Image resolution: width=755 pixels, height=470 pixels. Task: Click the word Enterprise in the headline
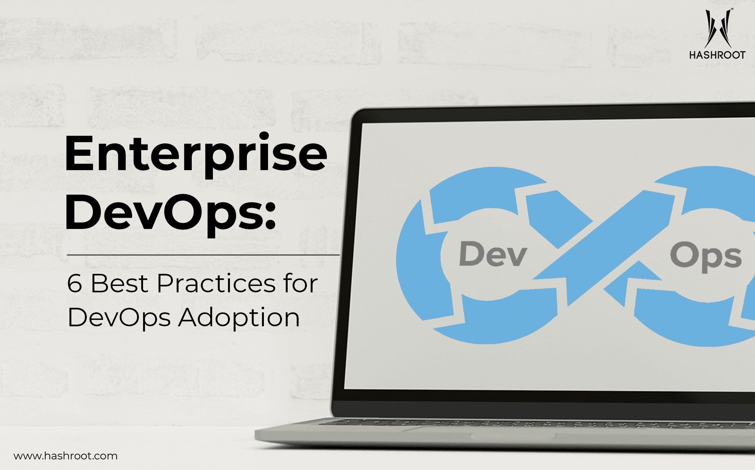click(196, 155)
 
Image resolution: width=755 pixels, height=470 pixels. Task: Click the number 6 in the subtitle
click(74, 283)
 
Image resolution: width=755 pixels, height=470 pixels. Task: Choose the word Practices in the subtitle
click(216, 283)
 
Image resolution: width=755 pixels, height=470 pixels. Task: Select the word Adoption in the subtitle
click(239, 318)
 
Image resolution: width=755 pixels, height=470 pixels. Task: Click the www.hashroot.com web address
click(66, 456)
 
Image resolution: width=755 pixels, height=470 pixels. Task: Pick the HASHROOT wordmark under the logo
click(717, 55)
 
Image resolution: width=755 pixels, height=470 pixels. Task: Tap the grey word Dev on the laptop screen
click(493, 255)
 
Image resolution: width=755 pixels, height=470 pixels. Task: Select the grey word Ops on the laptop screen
click(706, 258)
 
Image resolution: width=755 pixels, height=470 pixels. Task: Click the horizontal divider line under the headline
click(203, 255)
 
